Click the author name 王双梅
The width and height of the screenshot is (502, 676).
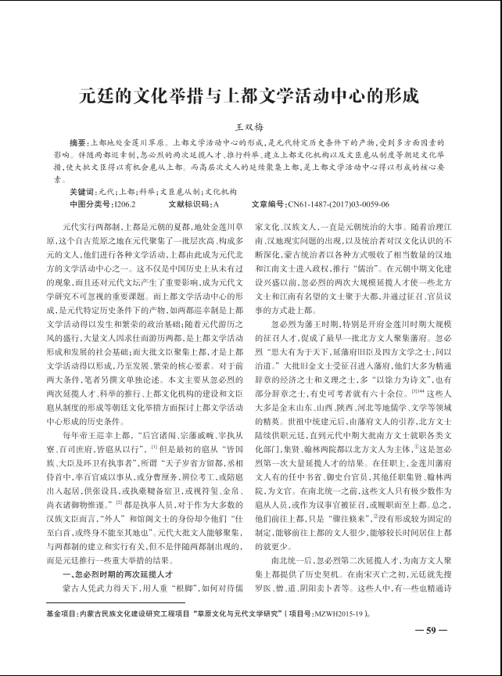[x=250, y=126]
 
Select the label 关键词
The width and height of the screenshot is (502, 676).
[x=82, y=192]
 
